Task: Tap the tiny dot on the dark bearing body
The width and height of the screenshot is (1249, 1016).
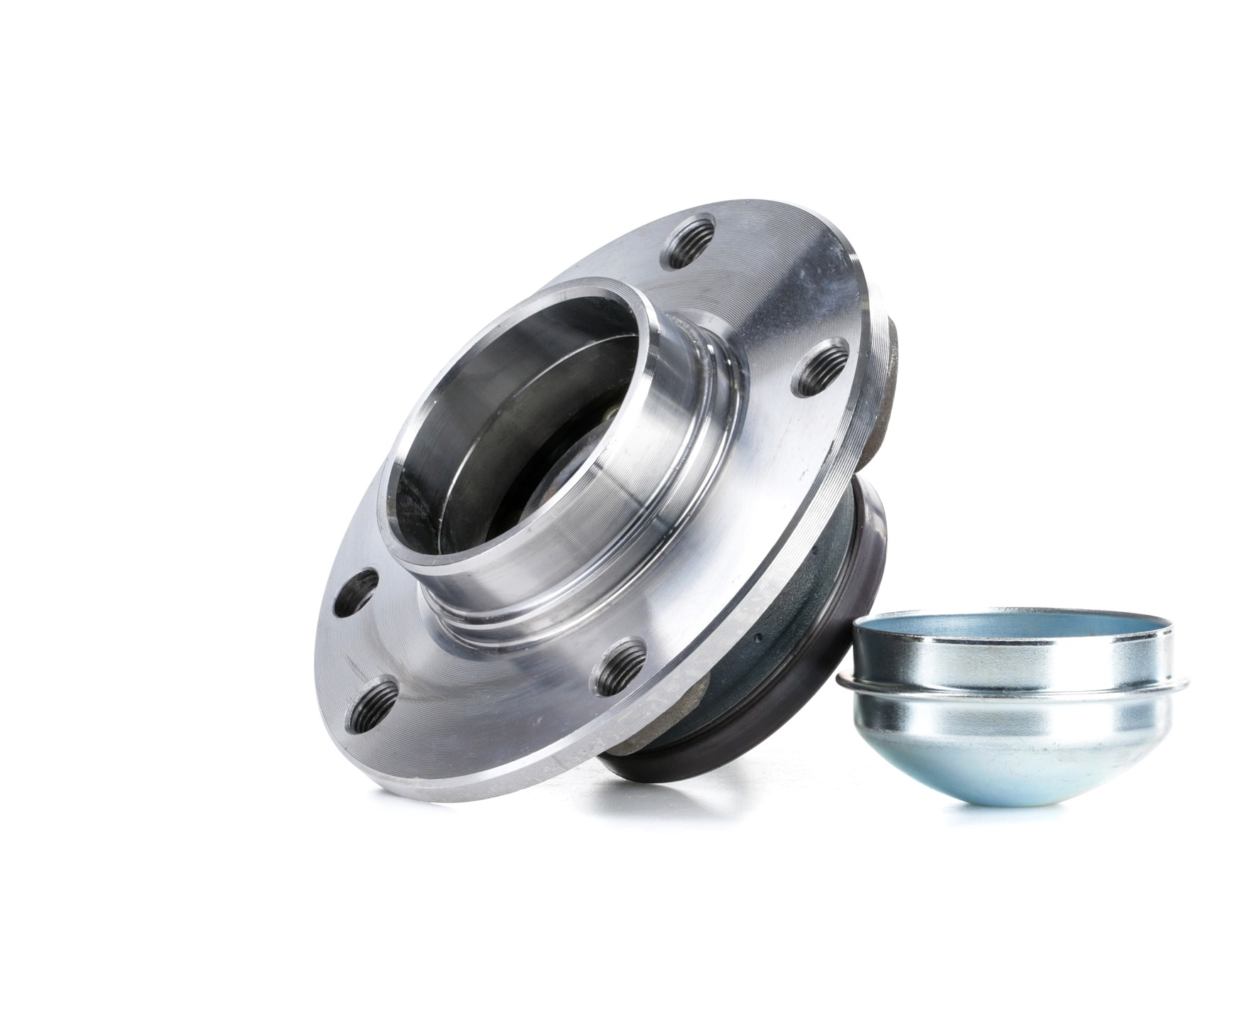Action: click(x=758, y=637)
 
